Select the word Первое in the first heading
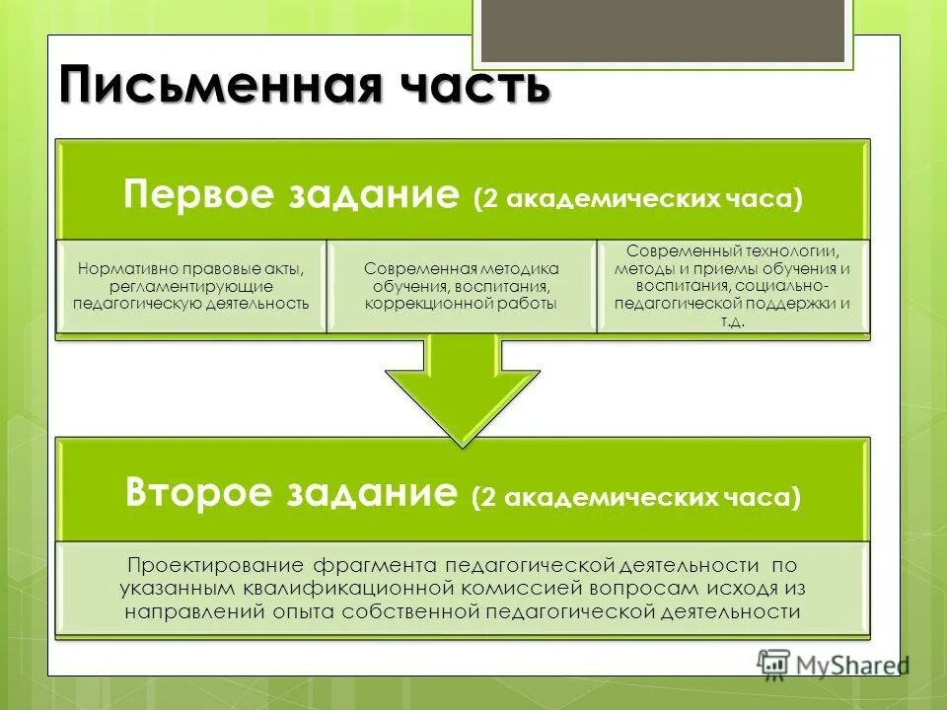[x=192, y=193]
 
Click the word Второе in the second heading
[x=196, y=491]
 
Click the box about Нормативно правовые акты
[x=191, y=286]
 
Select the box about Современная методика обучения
[x=461, y=286]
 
